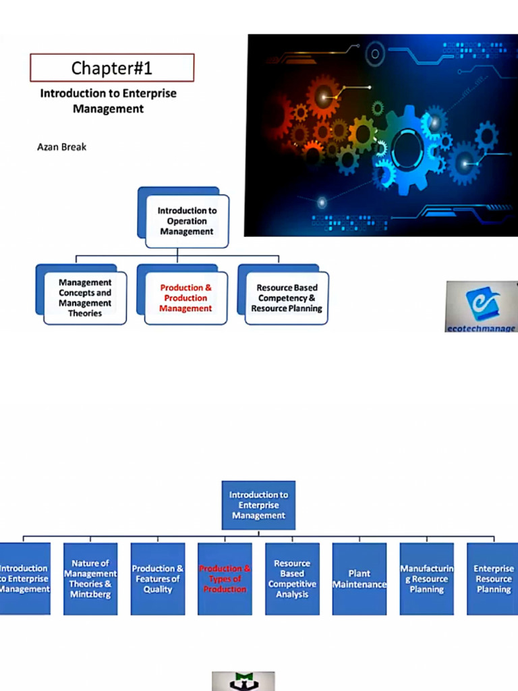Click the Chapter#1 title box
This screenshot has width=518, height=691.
point(112,68)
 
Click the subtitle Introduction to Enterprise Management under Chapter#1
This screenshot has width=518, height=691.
point(108,101)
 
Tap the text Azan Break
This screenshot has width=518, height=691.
point(61,146)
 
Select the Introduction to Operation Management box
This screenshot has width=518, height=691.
point(186,221)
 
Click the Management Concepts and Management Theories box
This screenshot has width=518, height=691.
point(85,298)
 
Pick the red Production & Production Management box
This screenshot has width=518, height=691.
point(185,298)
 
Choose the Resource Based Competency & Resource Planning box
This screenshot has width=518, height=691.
point(287,298)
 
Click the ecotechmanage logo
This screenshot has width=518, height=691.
point(481,306)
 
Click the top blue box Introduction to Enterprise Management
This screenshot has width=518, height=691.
point(258,505)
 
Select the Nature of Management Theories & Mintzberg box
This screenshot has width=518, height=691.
point(90,579)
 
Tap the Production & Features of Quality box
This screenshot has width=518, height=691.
point(157,579)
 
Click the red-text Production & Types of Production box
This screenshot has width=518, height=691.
point(225,579)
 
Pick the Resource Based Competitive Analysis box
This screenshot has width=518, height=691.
point(292,579)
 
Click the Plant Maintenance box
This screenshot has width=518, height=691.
point(359,579)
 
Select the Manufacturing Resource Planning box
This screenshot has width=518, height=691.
point(426,579)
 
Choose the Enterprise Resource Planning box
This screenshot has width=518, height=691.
point(493,579)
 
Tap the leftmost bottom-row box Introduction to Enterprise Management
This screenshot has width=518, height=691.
point(24,579)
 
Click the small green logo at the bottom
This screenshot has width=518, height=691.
point(243,681)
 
